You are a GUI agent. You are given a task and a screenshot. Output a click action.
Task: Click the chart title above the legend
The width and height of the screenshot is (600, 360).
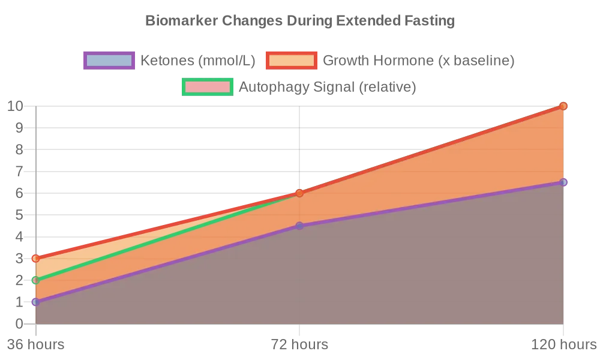click(300, 22)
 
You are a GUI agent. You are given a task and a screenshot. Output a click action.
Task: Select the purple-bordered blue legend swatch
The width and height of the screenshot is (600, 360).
click(109, 60)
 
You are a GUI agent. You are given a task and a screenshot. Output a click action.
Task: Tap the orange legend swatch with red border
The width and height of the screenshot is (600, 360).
click(292, 60)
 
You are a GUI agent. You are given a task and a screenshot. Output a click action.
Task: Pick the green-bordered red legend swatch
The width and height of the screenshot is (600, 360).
click(206, 87)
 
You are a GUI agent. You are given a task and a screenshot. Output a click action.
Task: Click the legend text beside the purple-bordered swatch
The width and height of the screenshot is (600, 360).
click(199, 60)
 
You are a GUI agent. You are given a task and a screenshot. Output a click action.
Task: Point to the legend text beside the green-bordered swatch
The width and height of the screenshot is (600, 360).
click(328, 87)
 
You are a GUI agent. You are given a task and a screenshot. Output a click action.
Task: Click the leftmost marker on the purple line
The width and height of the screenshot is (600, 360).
click(35, 302)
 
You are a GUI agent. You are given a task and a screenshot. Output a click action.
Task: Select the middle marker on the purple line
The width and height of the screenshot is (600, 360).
click(299, 226)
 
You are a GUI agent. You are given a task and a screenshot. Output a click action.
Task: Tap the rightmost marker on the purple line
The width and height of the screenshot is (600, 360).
click(563, 182)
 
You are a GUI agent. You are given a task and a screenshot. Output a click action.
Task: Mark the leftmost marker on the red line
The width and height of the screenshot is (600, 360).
click(35, 259)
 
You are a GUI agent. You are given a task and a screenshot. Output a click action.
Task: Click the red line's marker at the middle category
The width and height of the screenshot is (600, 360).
click(299, 193)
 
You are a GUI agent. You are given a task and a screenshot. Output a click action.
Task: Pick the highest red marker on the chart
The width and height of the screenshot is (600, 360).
click(563, 106)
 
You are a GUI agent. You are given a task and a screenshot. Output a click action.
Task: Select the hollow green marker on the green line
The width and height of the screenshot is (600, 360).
click(35, 280)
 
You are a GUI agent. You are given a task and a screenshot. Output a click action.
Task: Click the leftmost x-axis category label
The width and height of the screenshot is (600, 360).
click(35, 344)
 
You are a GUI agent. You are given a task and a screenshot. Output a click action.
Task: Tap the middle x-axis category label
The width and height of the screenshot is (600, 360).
click(299, 344)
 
